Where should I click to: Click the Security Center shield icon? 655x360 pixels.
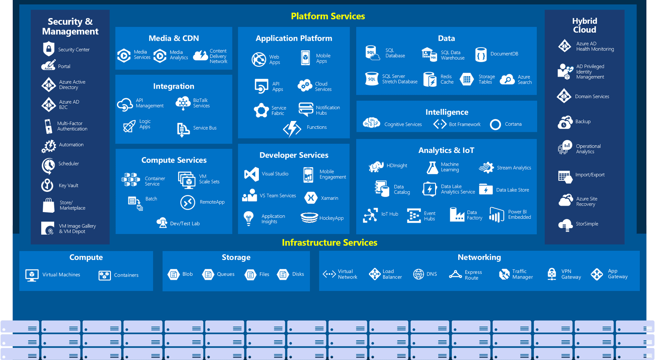pos(49,49)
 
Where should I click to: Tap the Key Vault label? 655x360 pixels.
pos(69,185)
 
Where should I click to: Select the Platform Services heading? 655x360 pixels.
pos(328,16)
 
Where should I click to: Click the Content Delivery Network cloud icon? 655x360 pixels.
pos(200,55)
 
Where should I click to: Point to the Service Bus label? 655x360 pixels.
pos(205,128)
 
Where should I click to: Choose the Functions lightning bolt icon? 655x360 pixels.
pos(292,129)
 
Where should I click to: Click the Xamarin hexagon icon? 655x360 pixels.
pos(311,198)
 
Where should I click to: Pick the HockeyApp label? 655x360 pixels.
pos(331,218)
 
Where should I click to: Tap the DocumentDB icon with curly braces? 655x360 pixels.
pos(481,54)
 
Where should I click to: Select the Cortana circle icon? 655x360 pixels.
pos(495,124)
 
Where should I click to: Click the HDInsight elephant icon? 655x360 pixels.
pos(376,166)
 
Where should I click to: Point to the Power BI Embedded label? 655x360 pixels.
pos(520,214)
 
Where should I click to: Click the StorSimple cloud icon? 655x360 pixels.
pos(565,225)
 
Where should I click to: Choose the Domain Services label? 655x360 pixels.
pos(592,96)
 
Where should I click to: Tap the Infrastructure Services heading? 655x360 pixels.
pos(330,243)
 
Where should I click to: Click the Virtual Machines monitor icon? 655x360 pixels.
pos(32,275)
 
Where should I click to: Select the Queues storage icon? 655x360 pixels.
pos(208,275)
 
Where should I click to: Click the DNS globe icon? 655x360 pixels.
pos(419,274)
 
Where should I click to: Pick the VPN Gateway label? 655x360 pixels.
pos(571,274)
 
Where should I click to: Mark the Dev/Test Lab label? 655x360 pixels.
pos(185,224)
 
